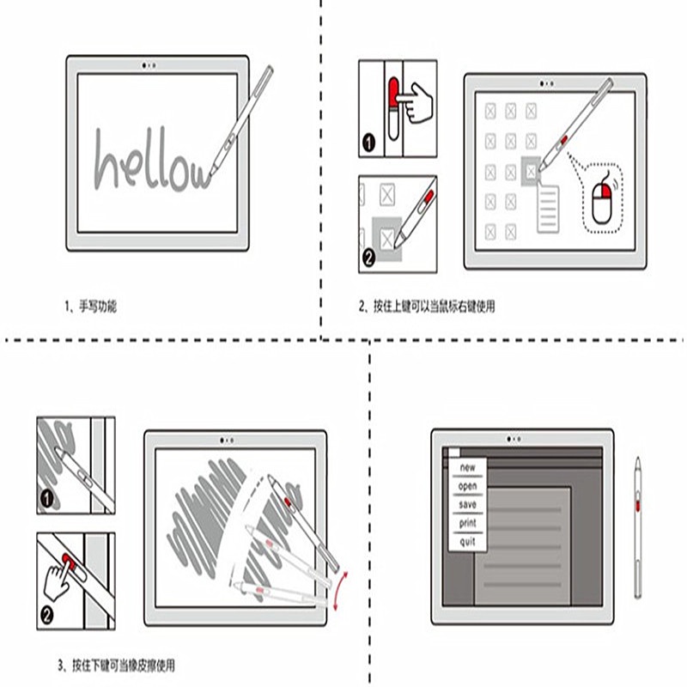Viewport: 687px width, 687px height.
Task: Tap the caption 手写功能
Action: [98, 307]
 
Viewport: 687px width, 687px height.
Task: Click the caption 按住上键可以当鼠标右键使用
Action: [435, 307]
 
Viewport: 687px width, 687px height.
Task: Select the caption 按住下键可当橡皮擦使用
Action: [124, 666]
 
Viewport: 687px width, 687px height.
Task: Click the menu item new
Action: [467, 467]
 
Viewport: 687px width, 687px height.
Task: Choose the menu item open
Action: [467, 486]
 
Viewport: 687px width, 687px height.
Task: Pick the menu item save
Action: [467, 505]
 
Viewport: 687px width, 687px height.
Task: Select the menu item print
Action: [467, 523]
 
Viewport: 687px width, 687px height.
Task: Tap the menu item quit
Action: [467, 542]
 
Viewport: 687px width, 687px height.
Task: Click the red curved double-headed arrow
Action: [340, 590]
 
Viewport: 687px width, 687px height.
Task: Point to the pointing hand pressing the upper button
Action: [416, 102]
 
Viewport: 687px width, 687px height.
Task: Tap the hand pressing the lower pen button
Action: [58, 579]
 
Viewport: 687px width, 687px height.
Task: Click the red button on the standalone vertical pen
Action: [638, 505]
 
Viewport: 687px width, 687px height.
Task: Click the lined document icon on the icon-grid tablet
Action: [548, 208]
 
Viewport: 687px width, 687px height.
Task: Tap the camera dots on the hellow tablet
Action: [149, 65]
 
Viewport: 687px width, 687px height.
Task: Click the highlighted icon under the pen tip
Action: [531, 171]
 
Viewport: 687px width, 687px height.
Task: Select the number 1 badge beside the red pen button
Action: [369, 143]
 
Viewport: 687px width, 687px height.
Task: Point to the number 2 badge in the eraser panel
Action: [47, 615]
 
